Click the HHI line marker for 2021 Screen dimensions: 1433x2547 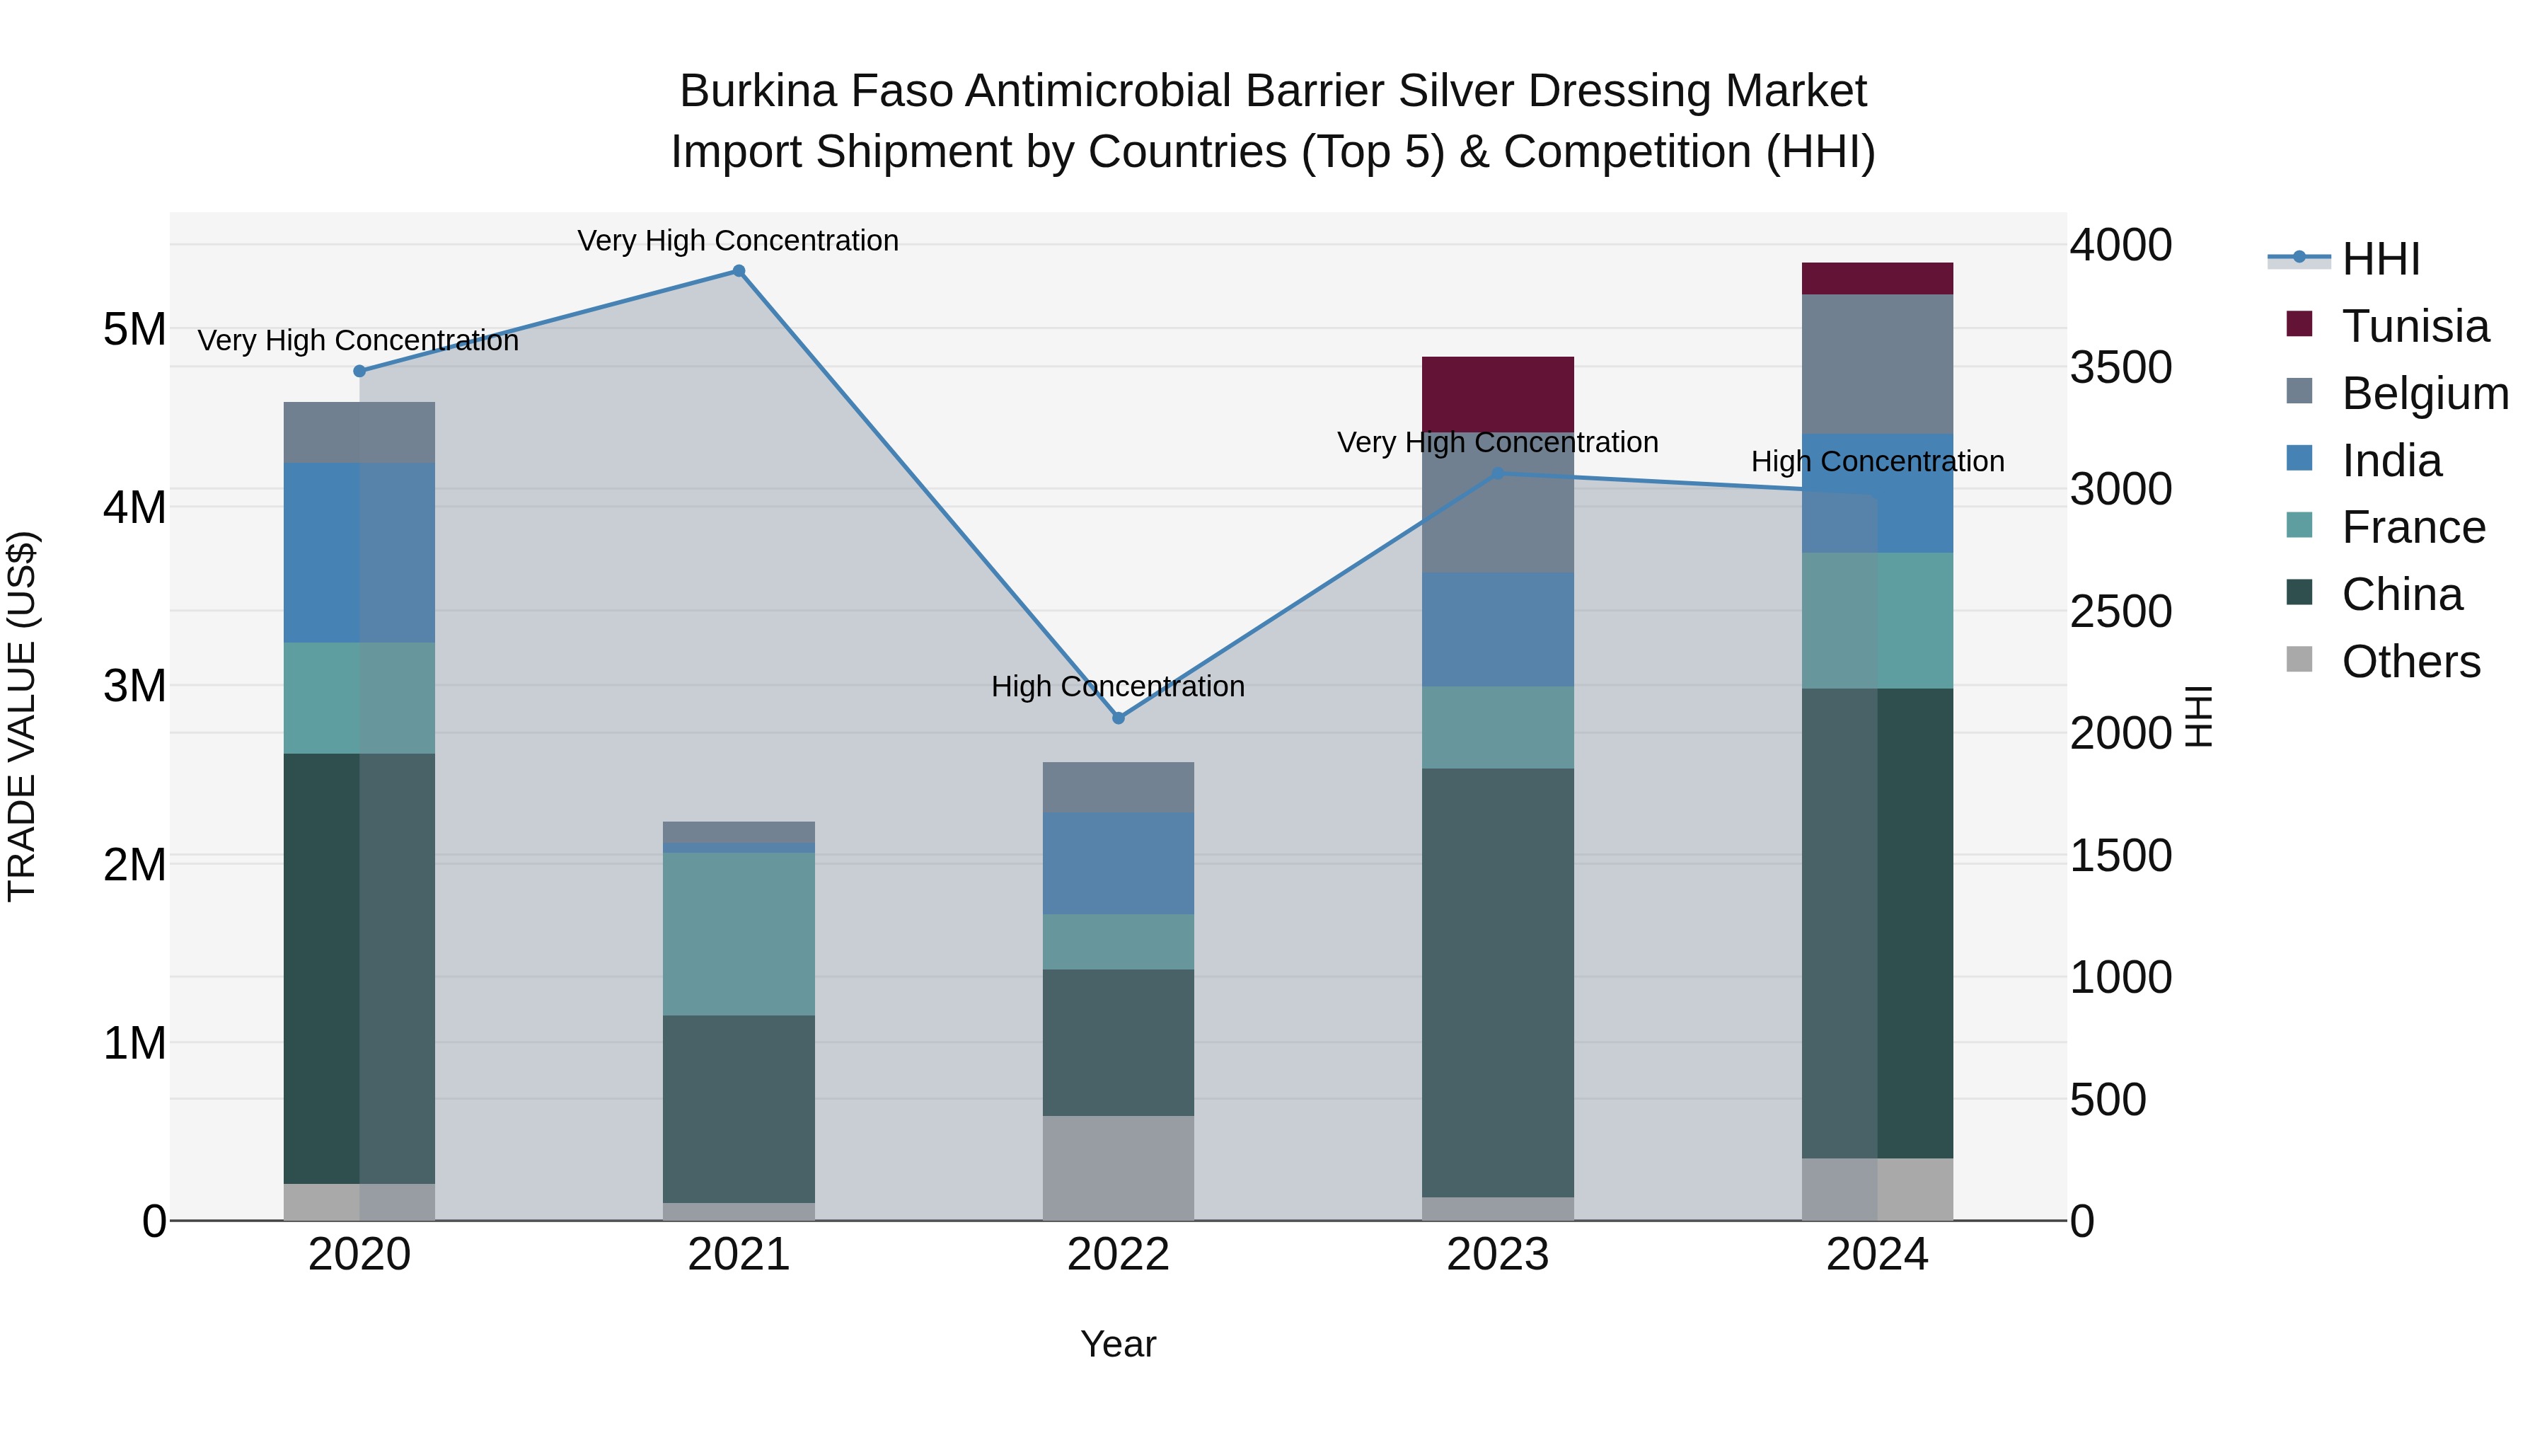point(739,271)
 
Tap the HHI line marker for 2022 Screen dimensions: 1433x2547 point(1119,718)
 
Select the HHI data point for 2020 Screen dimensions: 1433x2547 point(360,371)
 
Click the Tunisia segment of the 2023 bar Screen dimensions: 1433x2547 point(1498,393)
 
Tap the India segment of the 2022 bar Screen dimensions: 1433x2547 point(1119,863)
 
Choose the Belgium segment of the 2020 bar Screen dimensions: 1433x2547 point(360,432)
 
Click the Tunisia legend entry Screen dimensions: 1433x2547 point(2413,326)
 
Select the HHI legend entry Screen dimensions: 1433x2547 point(2380,259)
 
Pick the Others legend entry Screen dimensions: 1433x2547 point(2410,662)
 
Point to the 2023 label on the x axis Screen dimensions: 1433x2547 point(1498,1255)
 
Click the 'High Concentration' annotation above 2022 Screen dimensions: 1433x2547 point(1119,686)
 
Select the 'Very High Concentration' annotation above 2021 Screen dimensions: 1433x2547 point(739,241)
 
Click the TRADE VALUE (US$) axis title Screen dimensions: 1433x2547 point(23,716)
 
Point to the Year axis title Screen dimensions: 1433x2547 point(1119,1344)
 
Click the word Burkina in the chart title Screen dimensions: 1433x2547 point(757,91)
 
